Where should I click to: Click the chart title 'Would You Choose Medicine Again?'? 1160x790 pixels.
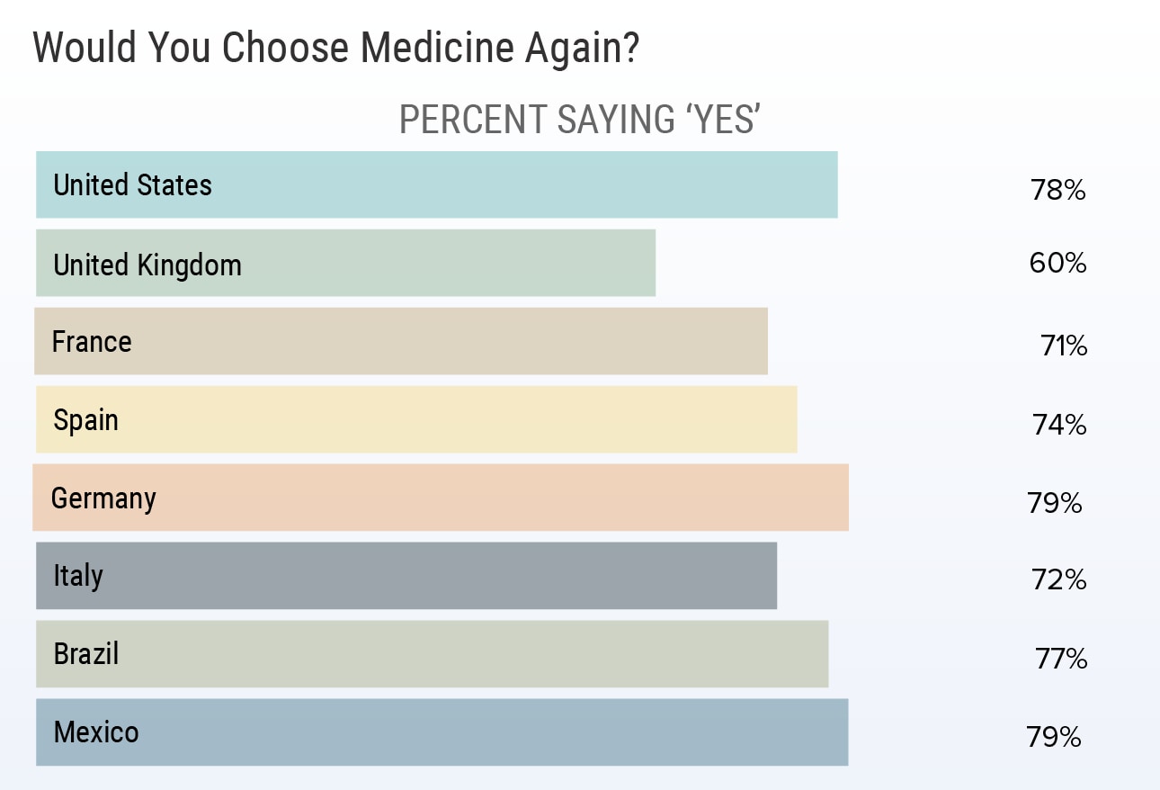[335, 49]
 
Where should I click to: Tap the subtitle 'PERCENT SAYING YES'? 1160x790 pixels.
[580, 120]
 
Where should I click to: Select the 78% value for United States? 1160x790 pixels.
[1058, 191]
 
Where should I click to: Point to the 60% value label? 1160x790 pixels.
[1058, 263]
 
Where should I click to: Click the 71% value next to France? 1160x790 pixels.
[1064, 346]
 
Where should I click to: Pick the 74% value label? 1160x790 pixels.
[1059, 425]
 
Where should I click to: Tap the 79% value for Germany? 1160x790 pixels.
[1055, 503]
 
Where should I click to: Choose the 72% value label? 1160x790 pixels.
[1059, 580]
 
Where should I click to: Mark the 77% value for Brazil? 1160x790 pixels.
[1061, 660]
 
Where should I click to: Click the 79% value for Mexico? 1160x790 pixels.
[1054, 738]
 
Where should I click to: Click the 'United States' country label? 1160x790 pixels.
[133, 185]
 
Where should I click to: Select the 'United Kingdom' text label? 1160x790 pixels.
[147, 265]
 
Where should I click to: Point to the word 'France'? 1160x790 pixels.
[92, 342]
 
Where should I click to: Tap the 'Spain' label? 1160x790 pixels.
[86, 420]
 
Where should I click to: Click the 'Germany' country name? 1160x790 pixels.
[103, 498]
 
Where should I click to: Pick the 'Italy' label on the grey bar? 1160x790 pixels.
[78, 576]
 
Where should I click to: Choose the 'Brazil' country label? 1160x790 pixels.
[86, 653]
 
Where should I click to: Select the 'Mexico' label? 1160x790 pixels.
[96, 732]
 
